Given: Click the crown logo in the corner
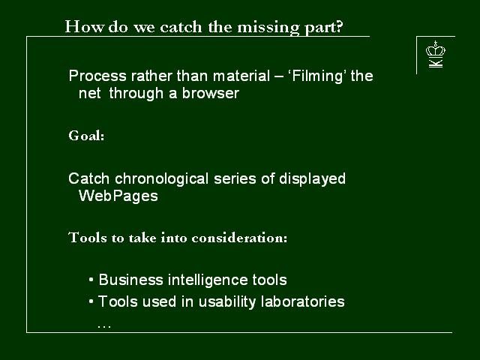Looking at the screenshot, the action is [435, 54].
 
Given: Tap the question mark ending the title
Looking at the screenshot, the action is [339, 27].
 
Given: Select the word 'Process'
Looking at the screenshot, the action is [97, 76].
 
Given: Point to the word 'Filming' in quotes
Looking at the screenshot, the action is [317, 76].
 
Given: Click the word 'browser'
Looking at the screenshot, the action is [211, 93].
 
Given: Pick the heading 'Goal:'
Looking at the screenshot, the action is [87, 135].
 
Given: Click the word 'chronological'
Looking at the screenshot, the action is [162, 178].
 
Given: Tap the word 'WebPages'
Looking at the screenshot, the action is [118, 196].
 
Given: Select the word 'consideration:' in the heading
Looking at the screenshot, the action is [239, 238].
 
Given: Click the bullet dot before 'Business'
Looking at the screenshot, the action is [91, 280].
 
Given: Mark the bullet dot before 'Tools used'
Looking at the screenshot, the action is [91, 301].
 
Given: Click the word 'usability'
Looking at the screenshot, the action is [227, 301].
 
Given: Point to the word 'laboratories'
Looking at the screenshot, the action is [303, 301].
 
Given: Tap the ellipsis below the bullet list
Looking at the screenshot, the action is [104, 327].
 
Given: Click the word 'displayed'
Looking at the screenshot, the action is [312, 178].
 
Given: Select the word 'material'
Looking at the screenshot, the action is [241, 76].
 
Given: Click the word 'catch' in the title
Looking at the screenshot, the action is [181, 27].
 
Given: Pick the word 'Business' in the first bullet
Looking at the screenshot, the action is [130, 280].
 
